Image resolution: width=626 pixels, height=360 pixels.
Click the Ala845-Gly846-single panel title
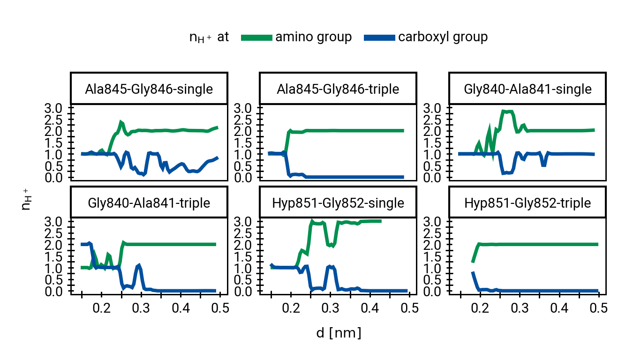[149, 89]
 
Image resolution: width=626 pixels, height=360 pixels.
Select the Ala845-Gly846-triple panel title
[338, 89]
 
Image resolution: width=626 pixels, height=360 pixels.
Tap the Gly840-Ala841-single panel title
[528, 89]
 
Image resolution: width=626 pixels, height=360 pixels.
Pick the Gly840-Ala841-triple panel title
[149, 203]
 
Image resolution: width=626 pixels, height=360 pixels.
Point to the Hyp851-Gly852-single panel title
[338, 203]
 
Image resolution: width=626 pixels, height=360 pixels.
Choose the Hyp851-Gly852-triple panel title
[528, 203]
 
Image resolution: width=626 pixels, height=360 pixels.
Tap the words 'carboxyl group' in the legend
[443, 37]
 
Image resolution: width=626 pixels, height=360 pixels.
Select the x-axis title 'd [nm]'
[339, 333]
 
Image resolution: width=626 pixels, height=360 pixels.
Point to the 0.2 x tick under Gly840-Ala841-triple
[101, 308]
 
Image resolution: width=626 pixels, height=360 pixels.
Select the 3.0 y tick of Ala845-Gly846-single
[58, 108]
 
